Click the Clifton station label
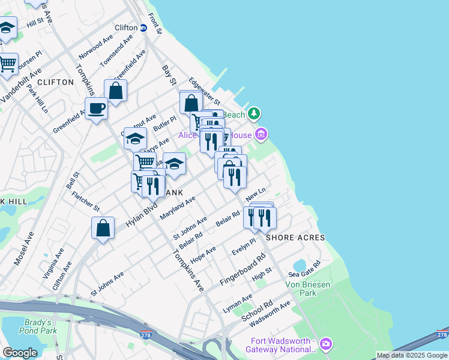[x=126, y=28]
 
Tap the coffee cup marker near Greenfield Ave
[x=96, y=109]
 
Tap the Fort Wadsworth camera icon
[x=325, y=344]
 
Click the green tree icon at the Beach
[x=255, y=113]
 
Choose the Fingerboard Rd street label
[x=243, y=271]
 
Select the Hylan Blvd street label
[x=141, y=214]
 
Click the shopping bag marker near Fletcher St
[x=103, y=229]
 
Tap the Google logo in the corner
[x=20, y=352]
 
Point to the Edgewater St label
[x=205, y=91]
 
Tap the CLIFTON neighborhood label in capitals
[x=55, y=82]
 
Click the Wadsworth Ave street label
[x=270, y=311]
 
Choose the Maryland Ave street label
[x=178, y=207]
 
